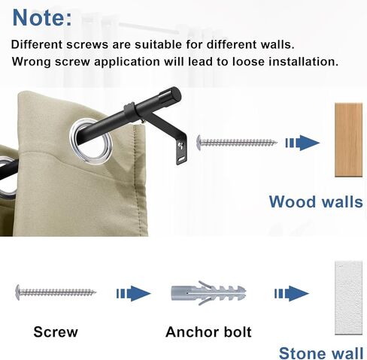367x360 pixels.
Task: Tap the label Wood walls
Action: pyautogui.click(x=315, y=201)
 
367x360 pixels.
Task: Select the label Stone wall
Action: pyautogui.click(x=321, y=352)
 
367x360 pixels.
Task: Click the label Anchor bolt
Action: pyautogui.click(x=208, y=331)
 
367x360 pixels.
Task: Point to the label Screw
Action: pyautogui.click(x=56, y=331)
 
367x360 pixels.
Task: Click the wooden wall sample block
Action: pyautogui.click(x=349, y=140)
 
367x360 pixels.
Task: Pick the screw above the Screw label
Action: pyautogui.click(x=55, y=291)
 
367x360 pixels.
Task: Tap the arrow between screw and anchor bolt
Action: pyautogui.click(x=133, y=292)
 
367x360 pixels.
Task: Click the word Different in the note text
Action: pyautogui.click(x=39, y=44)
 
